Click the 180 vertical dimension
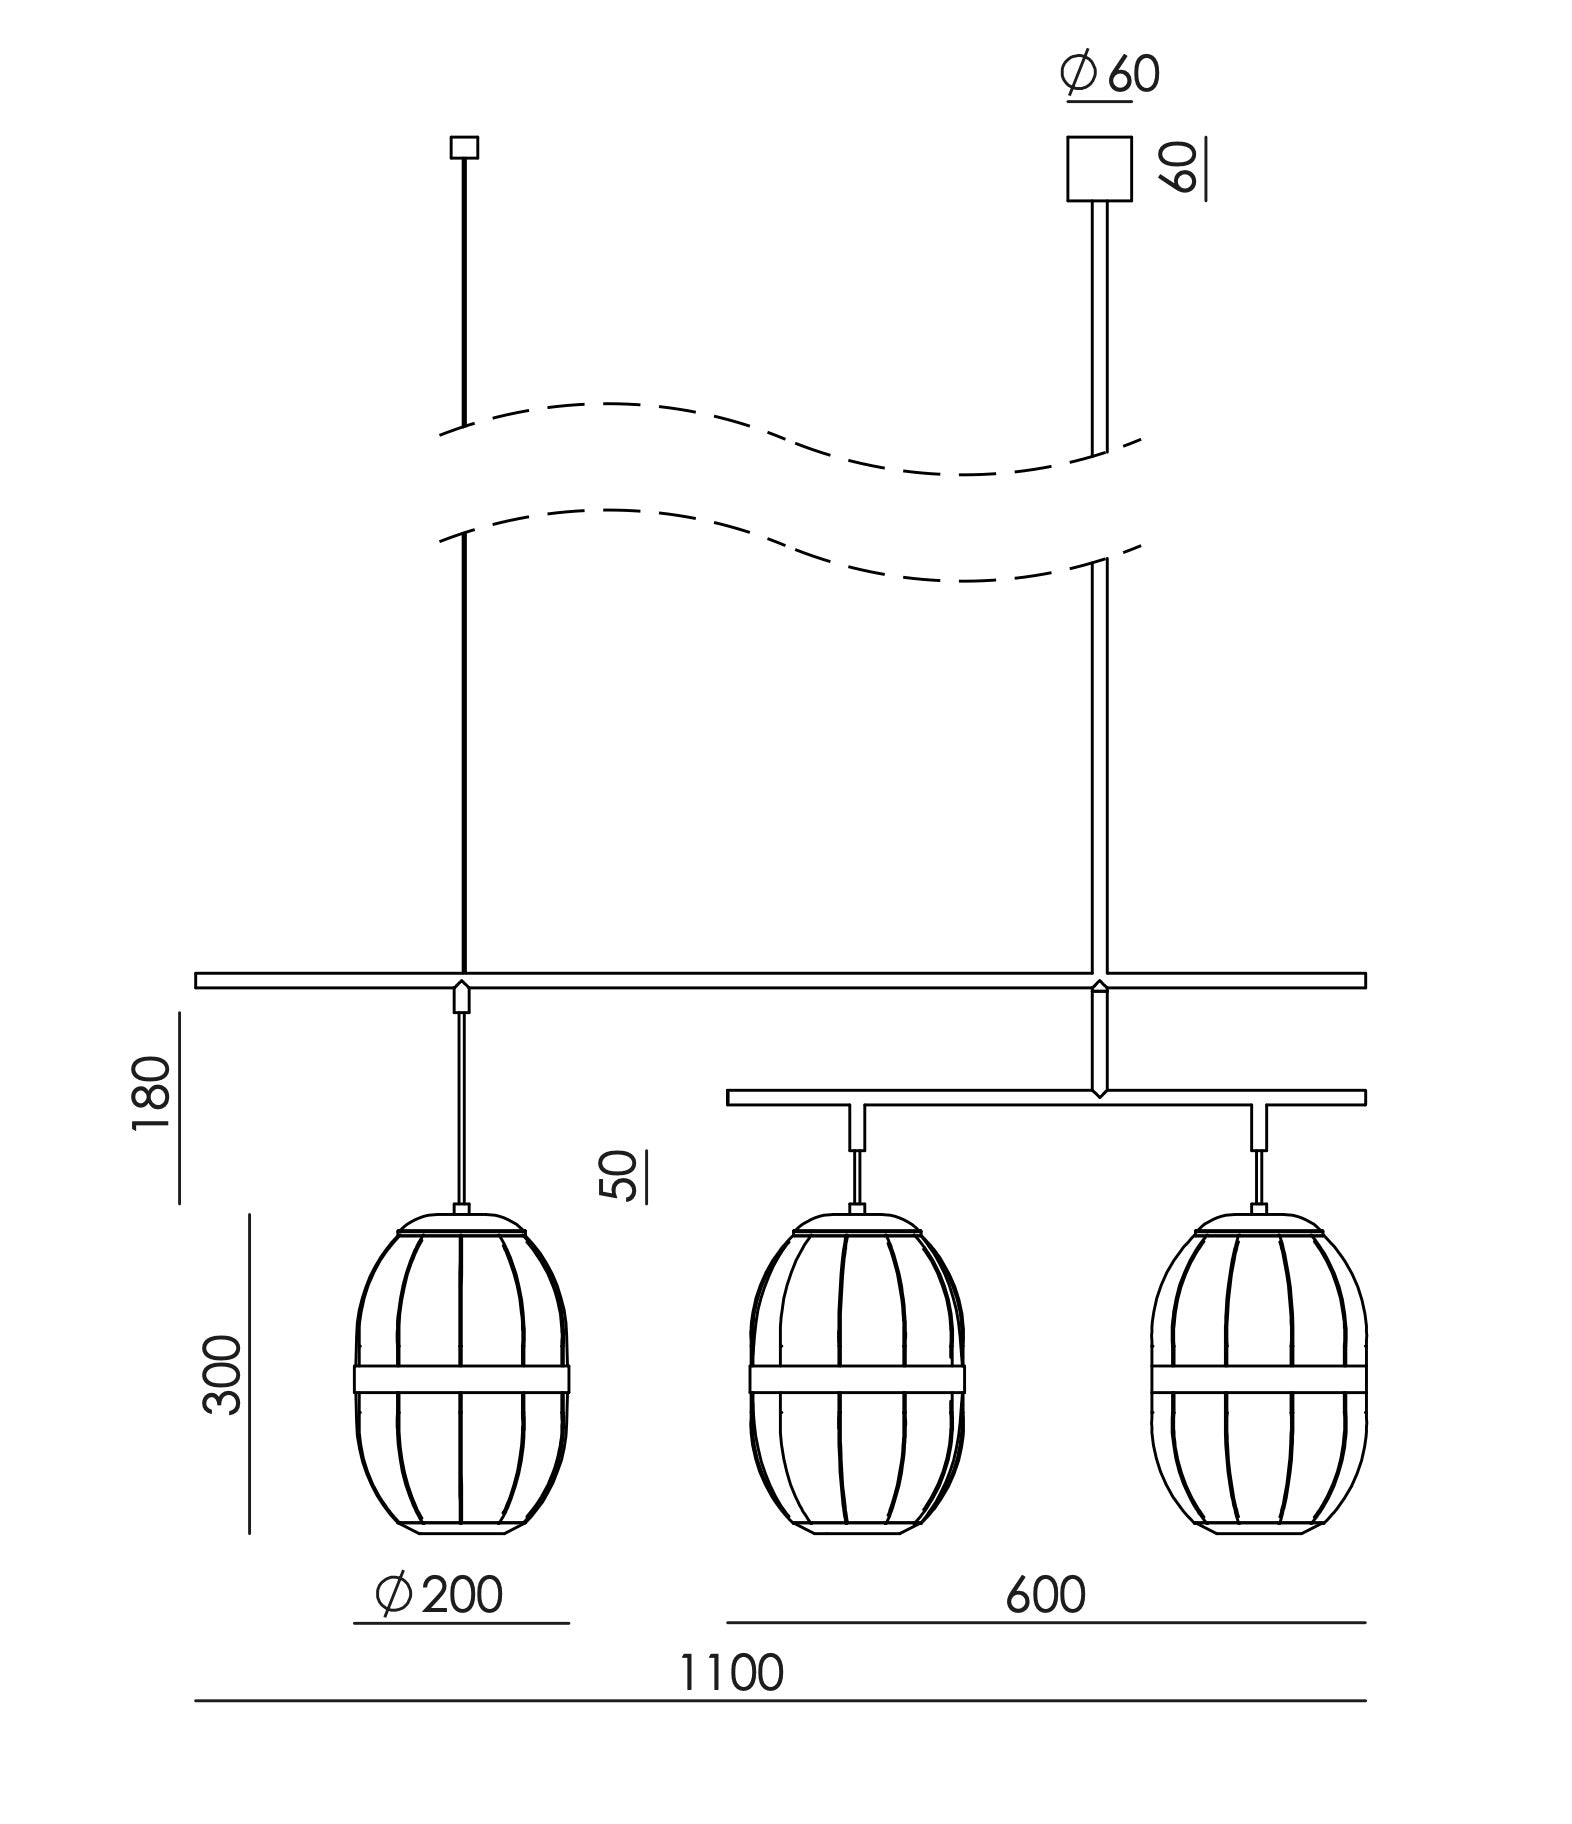tap(151, 1092)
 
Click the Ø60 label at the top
tap(1110, 73)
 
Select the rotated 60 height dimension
tap(1180, 167)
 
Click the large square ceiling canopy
tap(1099, 169)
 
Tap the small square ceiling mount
tap(464, 147)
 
